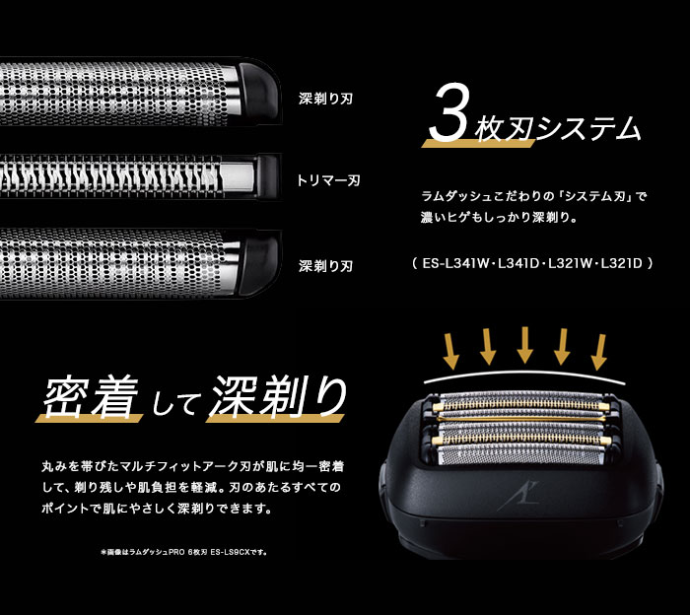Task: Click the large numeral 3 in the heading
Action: pyautogui.click(x=449, y=116)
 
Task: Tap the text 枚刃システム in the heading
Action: pyautogui.click(x=557, y=128)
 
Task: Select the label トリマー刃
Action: pyautogui.click(x=328, y=180)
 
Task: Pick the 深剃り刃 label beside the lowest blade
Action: pyautogui.click(x=326, y=266)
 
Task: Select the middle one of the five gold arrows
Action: pyautogui.click(x=525, y=345)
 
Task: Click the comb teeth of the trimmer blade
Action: pyautogui.click(x=128, y=182)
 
